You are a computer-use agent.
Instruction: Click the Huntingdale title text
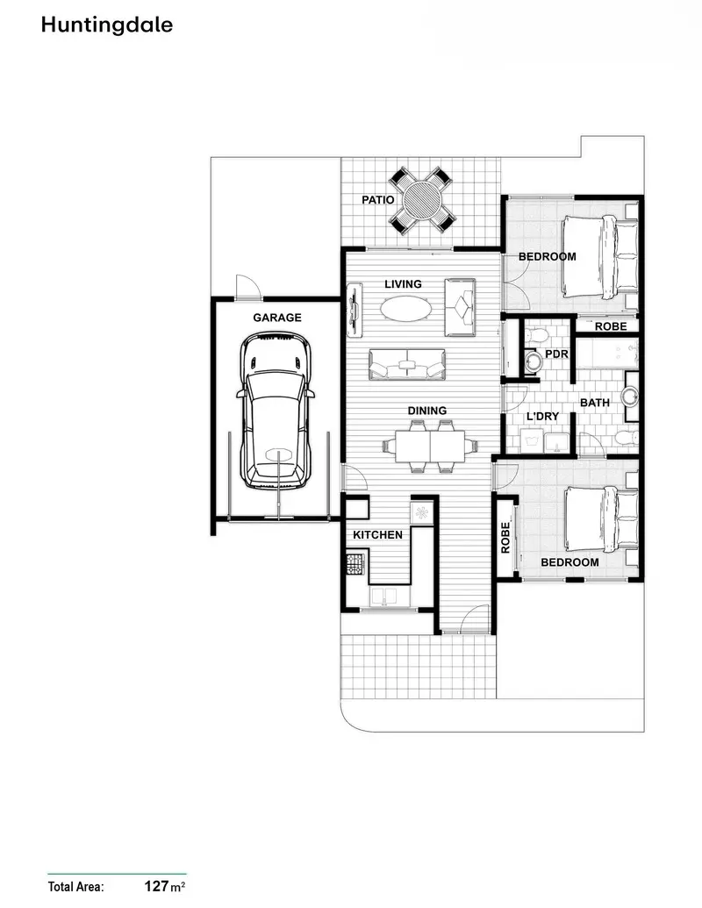pos(106,25)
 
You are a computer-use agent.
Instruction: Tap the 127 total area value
pos(157,886)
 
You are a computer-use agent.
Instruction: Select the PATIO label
pos(377,200)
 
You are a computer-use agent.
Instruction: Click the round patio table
pos(422,200)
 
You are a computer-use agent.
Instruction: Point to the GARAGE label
pos(277,318)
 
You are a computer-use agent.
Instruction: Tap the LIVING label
pos(404,284)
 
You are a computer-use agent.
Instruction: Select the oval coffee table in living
pos(406,309)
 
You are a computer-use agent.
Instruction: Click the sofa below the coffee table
pos(406,363)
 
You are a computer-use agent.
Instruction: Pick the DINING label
pos(427,411)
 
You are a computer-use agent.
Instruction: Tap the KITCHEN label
pos(377,534)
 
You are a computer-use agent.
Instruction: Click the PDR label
pos(556,354)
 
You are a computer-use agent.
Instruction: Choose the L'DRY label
pos(542,417)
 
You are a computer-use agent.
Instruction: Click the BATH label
pos(595,403)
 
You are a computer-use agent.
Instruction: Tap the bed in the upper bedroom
pos(600,256)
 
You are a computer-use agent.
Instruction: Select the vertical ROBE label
pos(505,538)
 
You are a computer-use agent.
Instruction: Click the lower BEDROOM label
pos(569,562)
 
